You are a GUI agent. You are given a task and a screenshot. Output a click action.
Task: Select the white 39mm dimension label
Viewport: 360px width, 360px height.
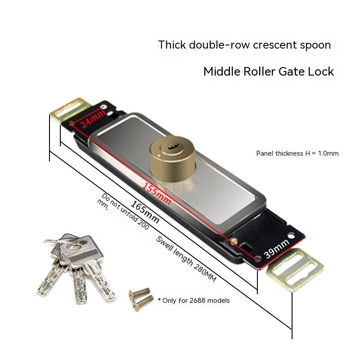(277, 248)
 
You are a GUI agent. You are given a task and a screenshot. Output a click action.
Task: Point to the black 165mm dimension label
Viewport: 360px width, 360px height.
(145, 211)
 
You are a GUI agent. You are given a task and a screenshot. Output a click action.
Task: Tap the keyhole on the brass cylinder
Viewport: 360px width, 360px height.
(172, 146)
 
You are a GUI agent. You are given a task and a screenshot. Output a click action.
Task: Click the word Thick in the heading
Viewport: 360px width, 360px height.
(172, 45)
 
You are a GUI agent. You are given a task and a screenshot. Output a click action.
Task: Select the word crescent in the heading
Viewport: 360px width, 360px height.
(274, 45)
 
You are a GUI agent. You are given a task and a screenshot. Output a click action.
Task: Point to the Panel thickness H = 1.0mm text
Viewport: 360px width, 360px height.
(297, 153)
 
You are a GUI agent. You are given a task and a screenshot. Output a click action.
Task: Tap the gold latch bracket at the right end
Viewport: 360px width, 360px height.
(295, 270)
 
